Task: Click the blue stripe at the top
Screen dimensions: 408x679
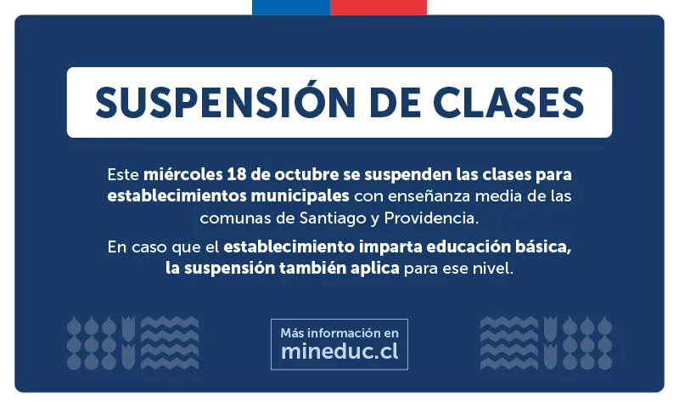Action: point(290,7)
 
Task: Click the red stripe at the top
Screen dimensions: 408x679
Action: point(379,7)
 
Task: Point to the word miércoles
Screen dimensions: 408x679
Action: point(182,174)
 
